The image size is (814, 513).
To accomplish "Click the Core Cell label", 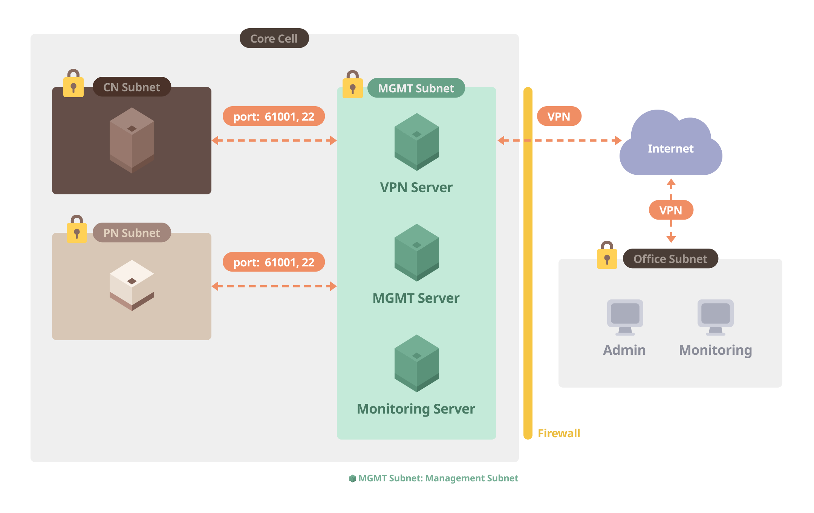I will (x=274, y=38).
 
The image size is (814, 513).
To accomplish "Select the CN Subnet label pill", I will (x=132, y=87).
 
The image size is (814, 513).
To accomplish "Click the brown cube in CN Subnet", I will (x=132, y=140).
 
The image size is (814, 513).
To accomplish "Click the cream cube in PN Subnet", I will (x=132, y=285).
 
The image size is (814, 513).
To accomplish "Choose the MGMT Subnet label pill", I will (x=416, y=88).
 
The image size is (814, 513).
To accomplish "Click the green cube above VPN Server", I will (x=417, y=142).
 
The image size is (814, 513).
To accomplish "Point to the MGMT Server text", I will (x=416, y=298).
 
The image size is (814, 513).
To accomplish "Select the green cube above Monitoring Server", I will (x=417, y=363).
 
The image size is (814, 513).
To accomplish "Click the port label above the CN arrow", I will (x=274, y=116).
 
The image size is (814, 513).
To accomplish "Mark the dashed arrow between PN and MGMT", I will (x=274, y=286).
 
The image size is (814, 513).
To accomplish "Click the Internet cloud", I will (x=671, y=148).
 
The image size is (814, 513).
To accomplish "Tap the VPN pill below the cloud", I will (x=671, y=210).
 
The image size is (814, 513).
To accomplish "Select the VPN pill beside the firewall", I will (x=559, y=116).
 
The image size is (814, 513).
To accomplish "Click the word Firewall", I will (x=559, y=433).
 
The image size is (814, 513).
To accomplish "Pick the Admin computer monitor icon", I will (x=625, y=317).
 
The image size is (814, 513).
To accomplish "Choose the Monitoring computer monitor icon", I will (x=715, y=317).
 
